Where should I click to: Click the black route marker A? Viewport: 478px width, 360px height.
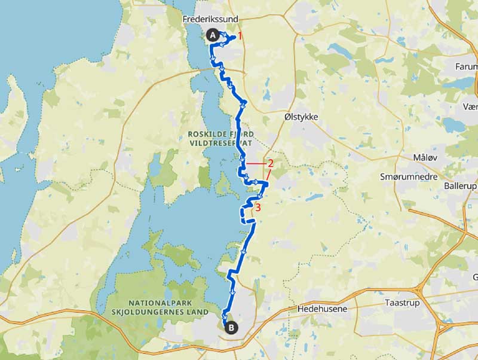pos(212,35)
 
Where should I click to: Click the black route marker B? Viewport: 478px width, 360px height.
pos(231,327)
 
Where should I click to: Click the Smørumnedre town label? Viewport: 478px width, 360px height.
pos(409,177)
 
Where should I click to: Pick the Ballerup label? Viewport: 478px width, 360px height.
pos(460,187)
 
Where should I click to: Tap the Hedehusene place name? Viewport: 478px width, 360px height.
pos(321,309)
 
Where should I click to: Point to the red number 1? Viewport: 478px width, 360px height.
pos(240,36)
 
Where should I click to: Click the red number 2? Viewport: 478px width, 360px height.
pos(270,163)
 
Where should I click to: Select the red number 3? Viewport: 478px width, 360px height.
pos(258,208)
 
